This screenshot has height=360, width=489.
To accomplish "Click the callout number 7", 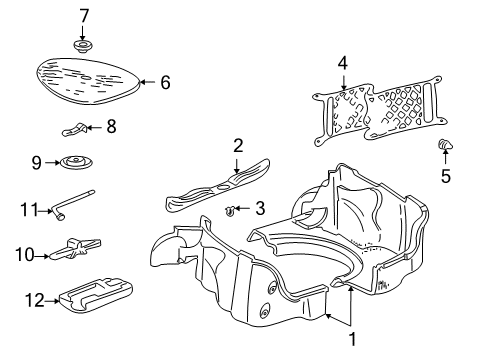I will tap(84, 15).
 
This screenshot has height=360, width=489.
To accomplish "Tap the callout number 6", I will tap(165, 83).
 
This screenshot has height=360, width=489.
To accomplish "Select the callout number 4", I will tap(343, 63).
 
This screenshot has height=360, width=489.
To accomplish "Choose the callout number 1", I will tap(351, 338).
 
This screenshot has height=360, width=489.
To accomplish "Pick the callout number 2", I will tap(238, 145).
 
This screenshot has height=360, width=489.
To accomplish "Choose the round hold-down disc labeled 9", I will tap(75, 163).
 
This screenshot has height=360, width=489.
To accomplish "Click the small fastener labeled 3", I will tap(231, 210).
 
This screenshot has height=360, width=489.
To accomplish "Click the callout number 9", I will tap(37, 160).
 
